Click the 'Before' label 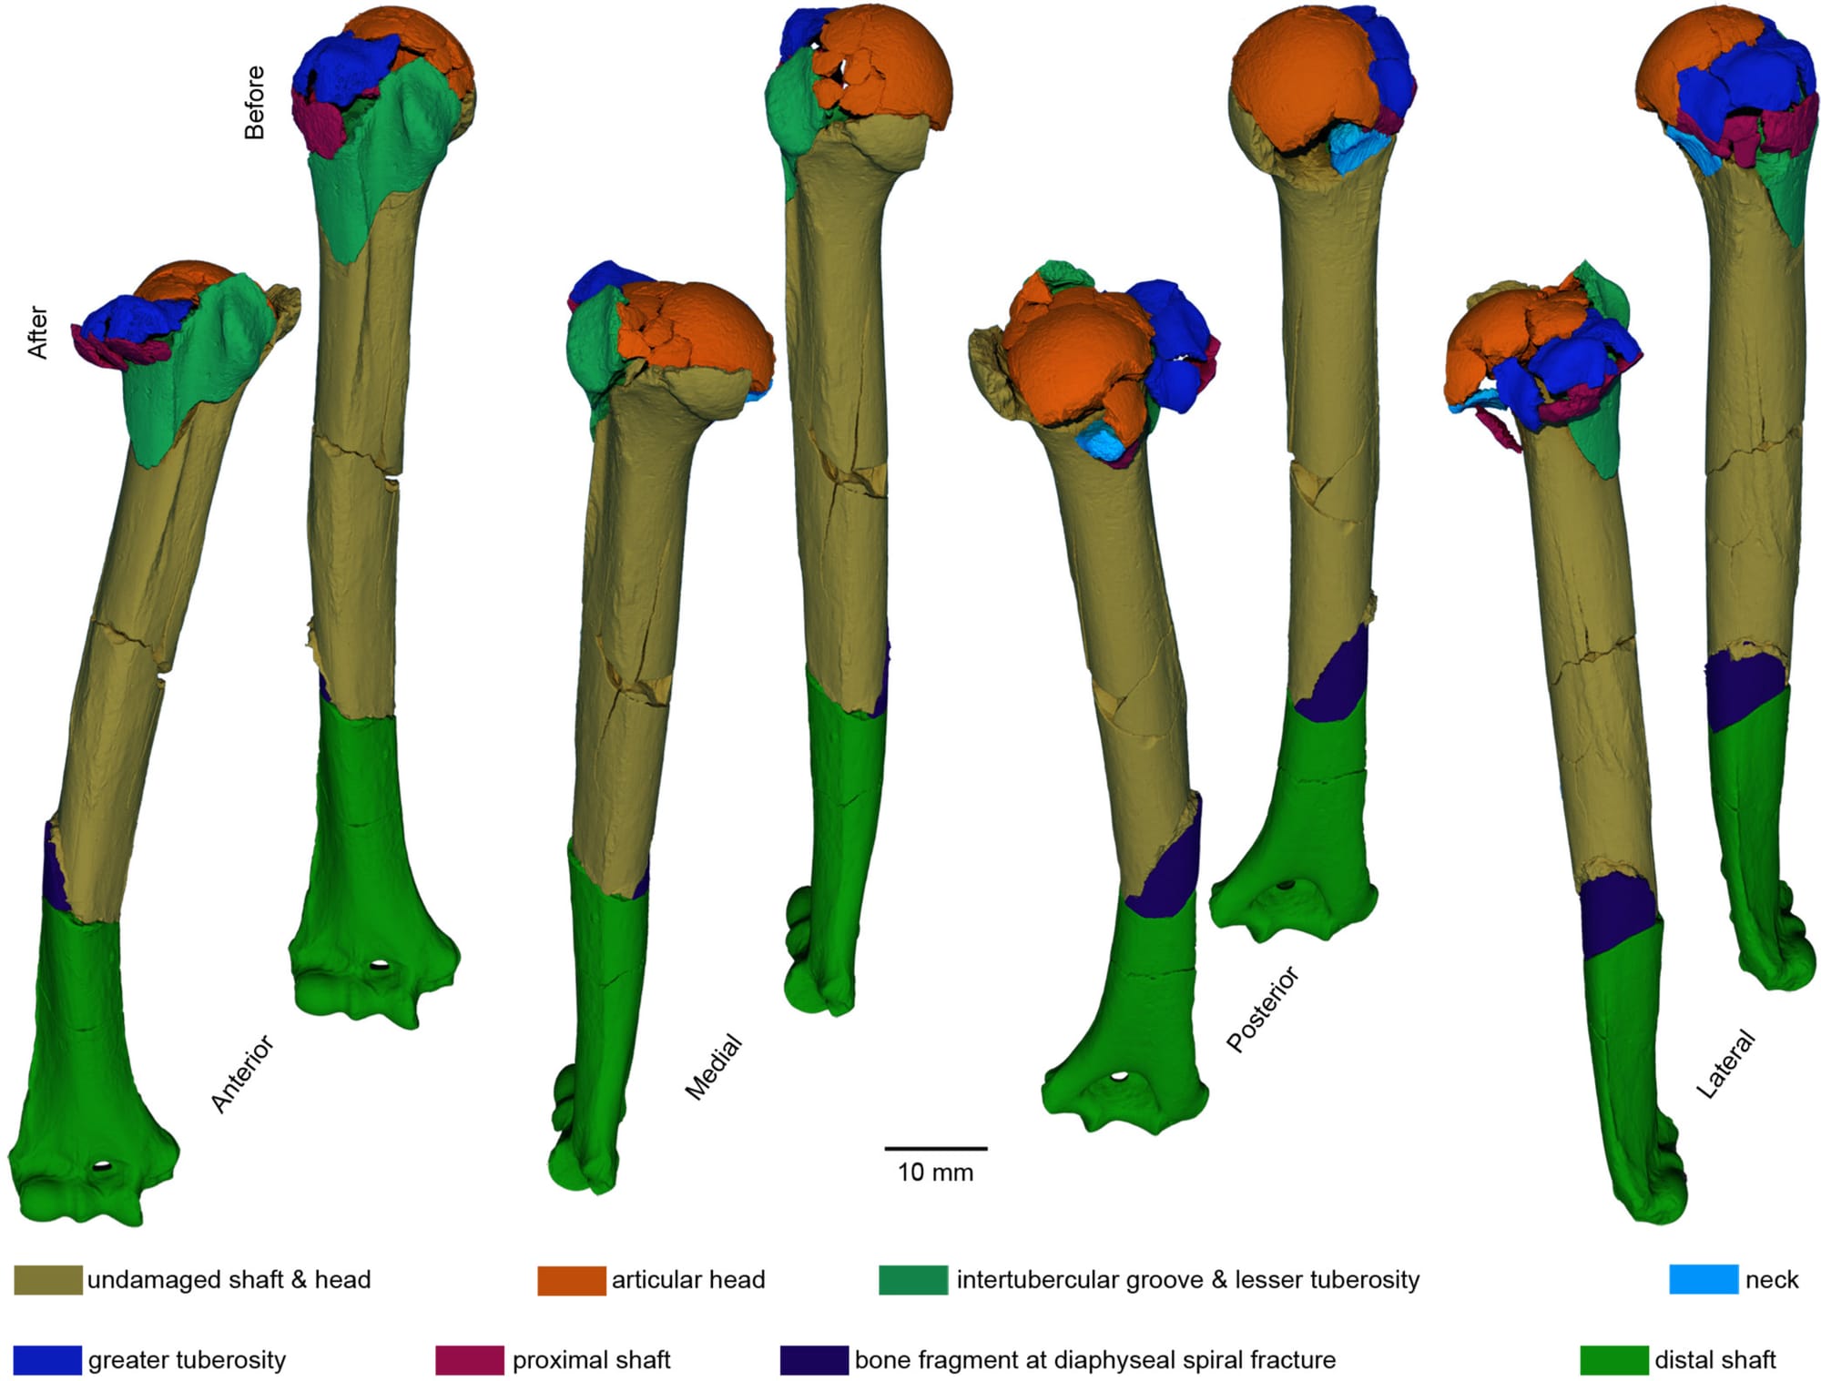click(255, 102)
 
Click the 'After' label click(37, 331)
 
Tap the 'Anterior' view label click(242, 1073)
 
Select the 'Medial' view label click(714, 1067)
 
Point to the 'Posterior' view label click(1263, 1010)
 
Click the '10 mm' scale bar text click(935, 1173)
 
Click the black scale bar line click(935, 1149)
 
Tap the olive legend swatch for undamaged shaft click(47, 1280)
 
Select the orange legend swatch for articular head click(571, 1280)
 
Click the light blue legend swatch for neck click(1703, 1279)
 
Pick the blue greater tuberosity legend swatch click(47, 1360)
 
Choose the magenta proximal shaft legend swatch click(469, 1360)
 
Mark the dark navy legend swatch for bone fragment click(814, 1360)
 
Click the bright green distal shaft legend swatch click(1613, 1360)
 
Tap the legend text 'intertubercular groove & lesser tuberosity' click(1187, 1280)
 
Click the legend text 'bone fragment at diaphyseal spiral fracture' click(1094, 1360)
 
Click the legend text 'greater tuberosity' click(187, 1360)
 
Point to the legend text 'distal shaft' click(1714, 1360)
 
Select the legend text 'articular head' click(687, 1280)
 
